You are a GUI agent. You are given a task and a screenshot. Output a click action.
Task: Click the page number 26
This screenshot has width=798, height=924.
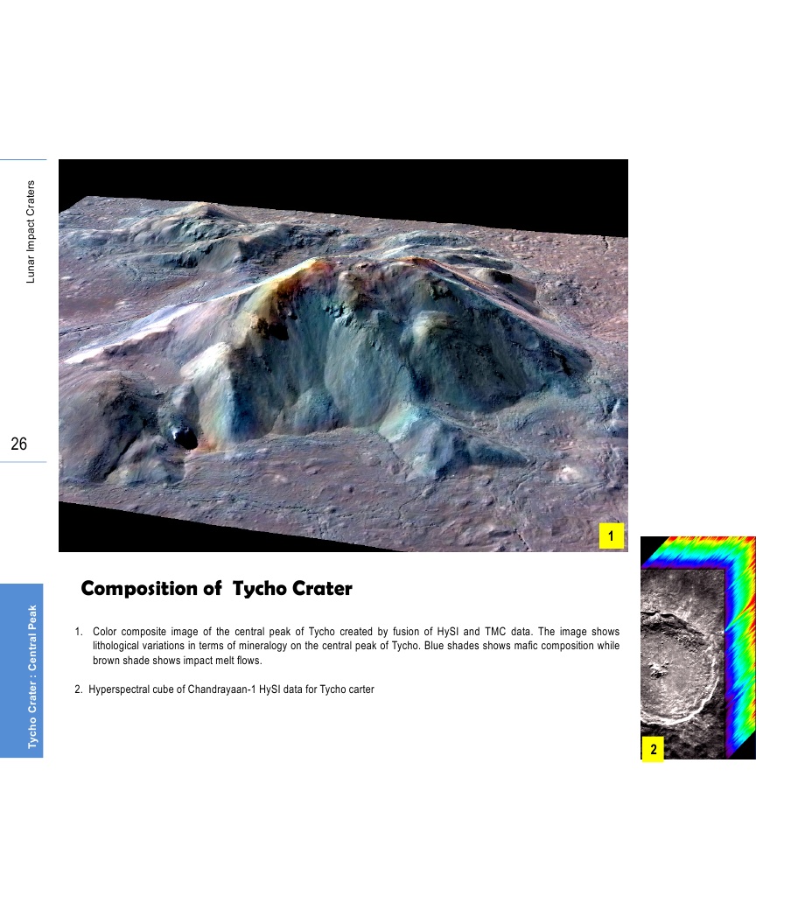(19, 444)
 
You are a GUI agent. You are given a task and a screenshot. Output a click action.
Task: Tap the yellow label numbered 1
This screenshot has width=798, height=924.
(611, 535)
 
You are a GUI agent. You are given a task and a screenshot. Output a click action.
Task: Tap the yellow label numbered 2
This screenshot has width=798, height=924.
(653, 749)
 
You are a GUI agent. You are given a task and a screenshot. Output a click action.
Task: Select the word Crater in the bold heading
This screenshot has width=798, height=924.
(322, 588)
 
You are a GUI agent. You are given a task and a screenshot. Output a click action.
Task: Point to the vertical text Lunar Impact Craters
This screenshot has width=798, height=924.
(31, 232)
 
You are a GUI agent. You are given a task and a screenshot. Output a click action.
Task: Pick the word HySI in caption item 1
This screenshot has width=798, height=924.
(447, 632)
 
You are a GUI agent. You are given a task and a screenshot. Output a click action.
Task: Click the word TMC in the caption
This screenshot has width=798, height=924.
(495, 632)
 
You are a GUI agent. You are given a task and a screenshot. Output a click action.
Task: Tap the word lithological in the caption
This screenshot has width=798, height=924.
(115, 646)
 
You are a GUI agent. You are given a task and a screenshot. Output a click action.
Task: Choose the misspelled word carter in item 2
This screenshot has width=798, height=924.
(361, 689)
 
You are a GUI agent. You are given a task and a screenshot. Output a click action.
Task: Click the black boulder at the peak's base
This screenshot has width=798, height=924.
(184, 437)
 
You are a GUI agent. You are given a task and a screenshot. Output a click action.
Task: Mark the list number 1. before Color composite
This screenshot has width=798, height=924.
(79, 632)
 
